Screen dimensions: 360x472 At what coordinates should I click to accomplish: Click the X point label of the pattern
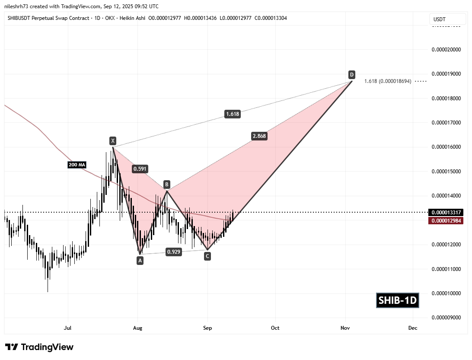pyautogui.click(x=112, y=140)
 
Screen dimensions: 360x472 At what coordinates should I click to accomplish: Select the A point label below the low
pyautogui.click(x=140, y=260)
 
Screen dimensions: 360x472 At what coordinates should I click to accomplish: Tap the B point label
pyautogui.click(x=166, y=184)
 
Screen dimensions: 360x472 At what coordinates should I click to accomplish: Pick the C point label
pyautogui.click(x=207, y=256)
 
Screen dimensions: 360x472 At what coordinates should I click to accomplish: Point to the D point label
pyautogui.click(x=352, y=74)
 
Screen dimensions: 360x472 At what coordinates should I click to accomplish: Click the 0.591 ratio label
pyautogui.click(x=140, y=169)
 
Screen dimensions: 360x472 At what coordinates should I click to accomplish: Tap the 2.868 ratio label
pyautogui.click(x=259, y=136)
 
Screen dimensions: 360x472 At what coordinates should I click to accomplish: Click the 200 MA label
pyautogui.click(x=76, y=164)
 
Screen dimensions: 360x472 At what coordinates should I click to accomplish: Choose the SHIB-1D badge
pyautogui.click(x=398, y=300)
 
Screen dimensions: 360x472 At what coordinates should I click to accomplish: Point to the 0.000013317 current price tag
pyautogui.click(x=446, y=212)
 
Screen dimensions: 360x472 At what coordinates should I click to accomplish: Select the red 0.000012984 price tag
pyautogui.click(x=446, y=221)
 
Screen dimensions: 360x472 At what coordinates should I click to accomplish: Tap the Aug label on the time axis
pyautogui.click(x=137, y=328)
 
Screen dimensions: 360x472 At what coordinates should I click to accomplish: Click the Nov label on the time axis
pyautogui.click(x=345, y=328)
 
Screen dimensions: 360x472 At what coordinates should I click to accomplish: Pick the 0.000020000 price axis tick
pyautogui.click(x=446, y=50)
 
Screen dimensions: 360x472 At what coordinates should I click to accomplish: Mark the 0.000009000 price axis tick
pyautogui.click(x=446, y=318)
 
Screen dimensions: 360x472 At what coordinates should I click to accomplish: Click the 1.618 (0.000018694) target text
pyautogui.click(x=388, y=81)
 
